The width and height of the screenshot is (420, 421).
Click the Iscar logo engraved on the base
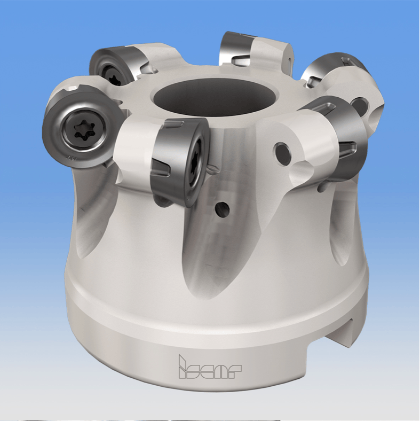[210, 367]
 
